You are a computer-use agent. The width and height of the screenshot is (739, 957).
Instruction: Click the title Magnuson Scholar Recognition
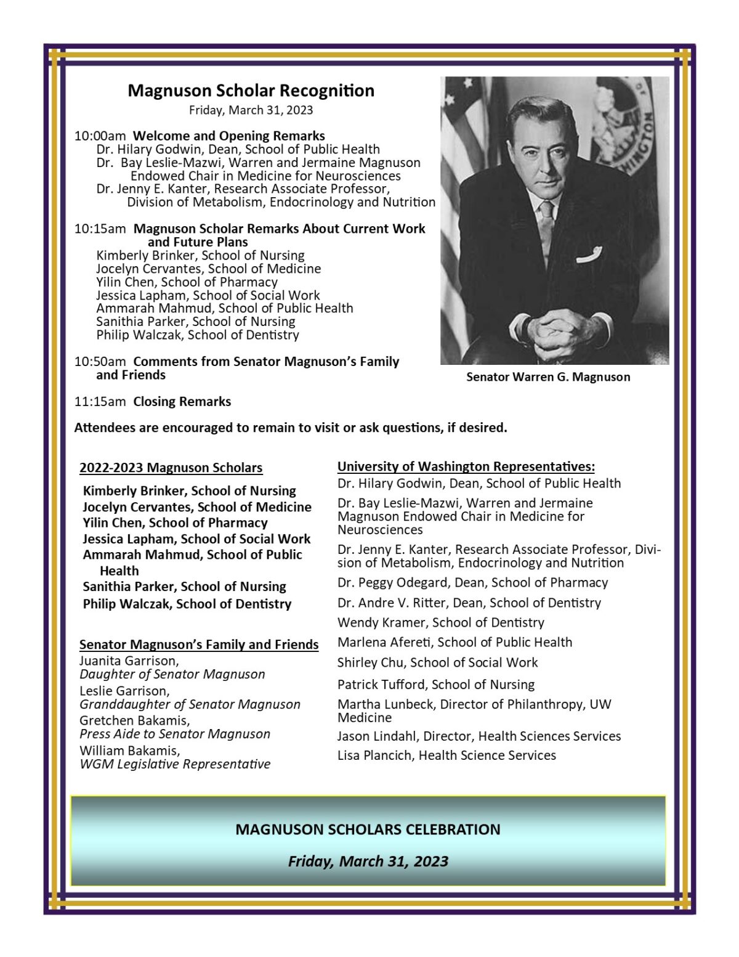tap(251, 91)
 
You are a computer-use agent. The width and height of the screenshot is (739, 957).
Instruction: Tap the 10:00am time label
tap(100, 136)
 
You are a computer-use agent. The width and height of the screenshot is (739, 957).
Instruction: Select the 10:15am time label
tap(100, 229)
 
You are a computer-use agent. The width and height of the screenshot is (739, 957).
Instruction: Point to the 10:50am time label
tap(100, 362)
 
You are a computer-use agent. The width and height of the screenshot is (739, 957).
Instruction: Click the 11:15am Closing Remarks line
tap(153, 402)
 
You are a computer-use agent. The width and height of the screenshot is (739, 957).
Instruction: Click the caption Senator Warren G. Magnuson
tap(548, 377)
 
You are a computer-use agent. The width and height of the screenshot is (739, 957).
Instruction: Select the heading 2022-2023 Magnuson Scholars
tap(171, 468)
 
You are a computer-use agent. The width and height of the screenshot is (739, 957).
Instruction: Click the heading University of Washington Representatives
tap(466, 466)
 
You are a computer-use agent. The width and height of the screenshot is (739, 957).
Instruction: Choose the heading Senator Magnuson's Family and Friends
tap(199, 645)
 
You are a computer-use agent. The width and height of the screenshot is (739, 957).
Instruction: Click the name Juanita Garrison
tap(129, 661)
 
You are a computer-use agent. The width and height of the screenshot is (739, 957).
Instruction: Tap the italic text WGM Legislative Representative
tap(175, 764)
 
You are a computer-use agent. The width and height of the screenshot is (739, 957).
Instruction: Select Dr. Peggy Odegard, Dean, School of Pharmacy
tap(472, 582)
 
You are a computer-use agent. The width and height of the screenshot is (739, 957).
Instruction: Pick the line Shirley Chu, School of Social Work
tap(437, 662)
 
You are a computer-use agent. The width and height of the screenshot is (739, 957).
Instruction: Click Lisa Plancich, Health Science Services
tap(446, 755)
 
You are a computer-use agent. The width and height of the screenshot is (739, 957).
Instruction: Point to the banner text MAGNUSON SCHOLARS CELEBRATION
tap(368, 829)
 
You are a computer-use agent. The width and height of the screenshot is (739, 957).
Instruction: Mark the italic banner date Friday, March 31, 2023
tap(368, 861)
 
